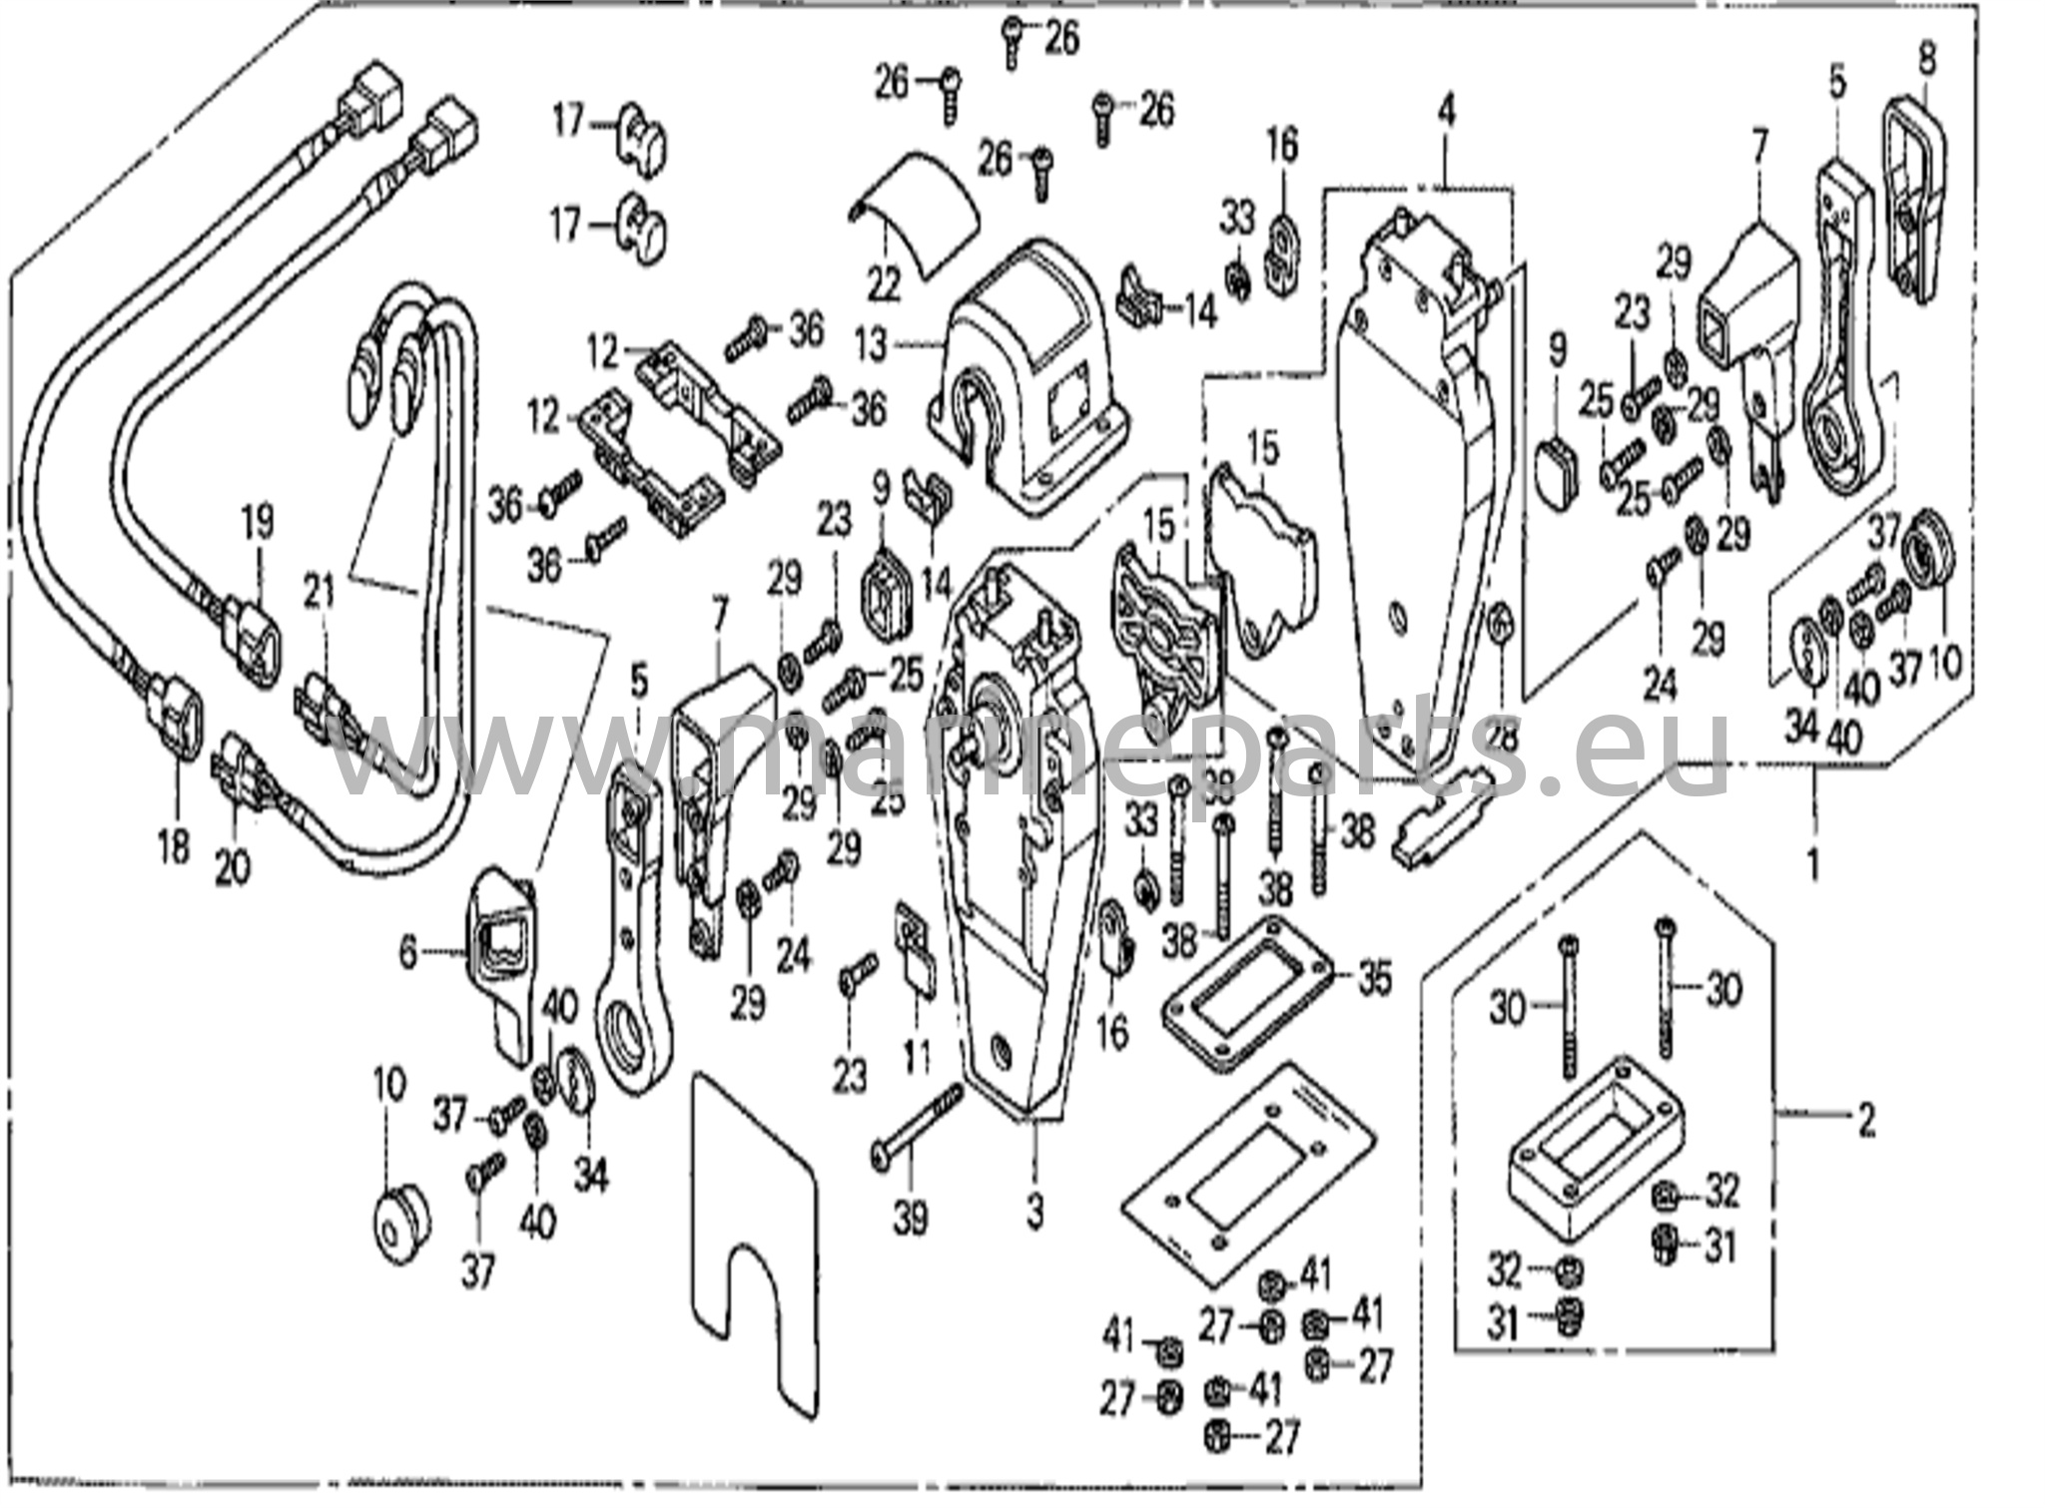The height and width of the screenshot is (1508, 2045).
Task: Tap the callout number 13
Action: click(871, 346)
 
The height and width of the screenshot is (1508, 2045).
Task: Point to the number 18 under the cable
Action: click(173, 847)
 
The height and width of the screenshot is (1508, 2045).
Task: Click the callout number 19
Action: click(257, 522)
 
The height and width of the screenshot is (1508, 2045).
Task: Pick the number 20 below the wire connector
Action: click(233, 868)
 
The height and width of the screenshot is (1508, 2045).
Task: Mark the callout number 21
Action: click(320, 596)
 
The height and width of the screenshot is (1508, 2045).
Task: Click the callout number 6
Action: click(407, 953)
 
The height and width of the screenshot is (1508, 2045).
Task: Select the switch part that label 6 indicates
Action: click(503, 953)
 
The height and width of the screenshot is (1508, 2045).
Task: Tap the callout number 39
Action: click(910, 1218)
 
